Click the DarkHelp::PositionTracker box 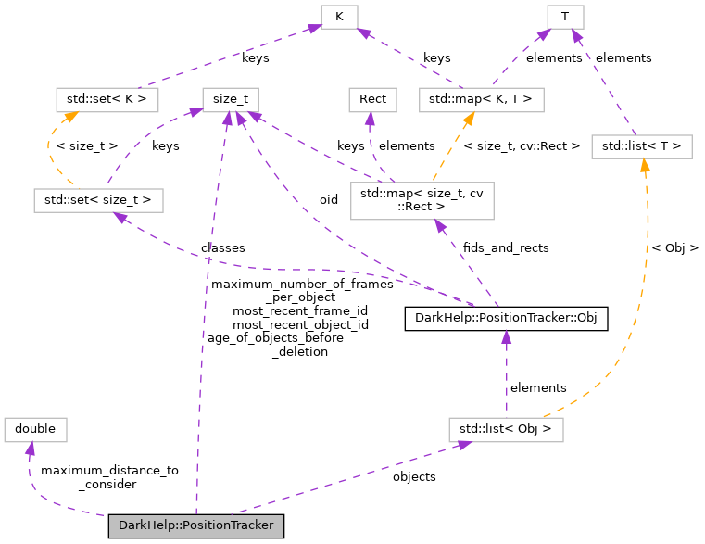(195, 525)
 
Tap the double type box (36, 429)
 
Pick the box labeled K (341, 16)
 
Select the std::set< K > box (107, 98)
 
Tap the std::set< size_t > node (97, 199)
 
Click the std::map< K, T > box (481, 98)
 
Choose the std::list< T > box (641, 145)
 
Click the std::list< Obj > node (506, 429)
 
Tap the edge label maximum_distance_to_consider (109, 477)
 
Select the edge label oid (329, 199)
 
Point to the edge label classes (222, 247)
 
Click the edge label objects (414, 476)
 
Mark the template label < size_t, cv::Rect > (521, 145)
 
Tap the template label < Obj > (674, 247)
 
